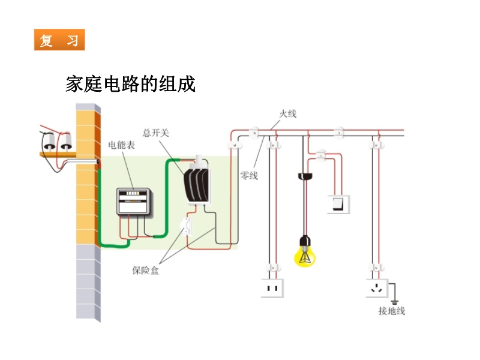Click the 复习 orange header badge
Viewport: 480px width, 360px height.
[x=59, y=40]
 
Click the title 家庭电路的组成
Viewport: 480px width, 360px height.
[x=130, y=84]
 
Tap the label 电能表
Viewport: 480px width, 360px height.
[x=121, y=145]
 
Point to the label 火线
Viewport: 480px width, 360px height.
[x=288, y=113]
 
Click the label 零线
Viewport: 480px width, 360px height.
[x=249, y=175]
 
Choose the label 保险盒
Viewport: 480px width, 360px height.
[x=146, y=270]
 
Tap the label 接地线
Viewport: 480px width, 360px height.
[x=392, y=311]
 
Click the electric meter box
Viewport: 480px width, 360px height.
[x=134, y=202]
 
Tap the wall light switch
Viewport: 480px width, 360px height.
[x=338, y=204]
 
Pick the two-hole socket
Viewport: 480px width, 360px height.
[x=272, y=289]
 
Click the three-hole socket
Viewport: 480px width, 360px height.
[x=377, y=289]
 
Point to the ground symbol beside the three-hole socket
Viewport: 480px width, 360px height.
[x=394, y=298]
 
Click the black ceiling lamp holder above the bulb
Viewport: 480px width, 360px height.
[x=305, y=176]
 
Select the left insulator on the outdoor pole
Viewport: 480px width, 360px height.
[x=47, y=143]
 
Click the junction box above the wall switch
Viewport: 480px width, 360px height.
[x=321, y=156]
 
